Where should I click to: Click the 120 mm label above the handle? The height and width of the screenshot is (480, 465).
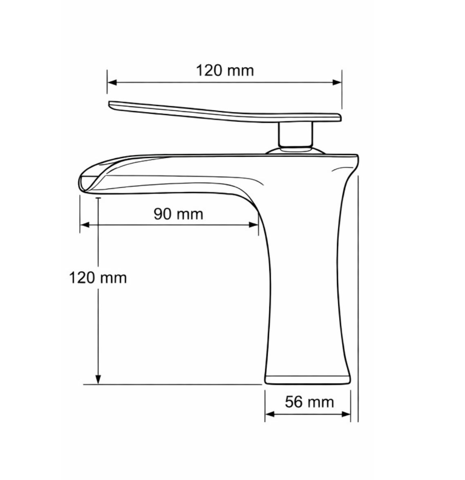(225, 70)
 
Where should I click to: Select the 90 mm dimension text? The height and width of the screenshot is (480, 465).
(178, 214)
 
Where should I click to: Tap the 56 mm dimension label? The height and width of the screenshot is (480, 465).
(309, 402)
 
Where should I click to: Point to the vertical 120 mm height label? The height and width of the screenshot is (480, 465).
(98, 278)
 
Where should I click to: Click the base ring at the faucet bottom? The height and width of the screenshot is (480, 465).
(308, 380)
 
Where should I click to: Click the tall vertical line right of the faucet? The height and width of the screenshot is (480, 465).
(358, 298)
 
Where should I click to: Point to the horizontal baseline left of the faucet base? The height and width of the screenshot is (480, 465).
(172, 384)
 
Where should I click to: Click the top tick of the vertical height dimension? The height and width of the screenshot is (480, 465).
(98, 198)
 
